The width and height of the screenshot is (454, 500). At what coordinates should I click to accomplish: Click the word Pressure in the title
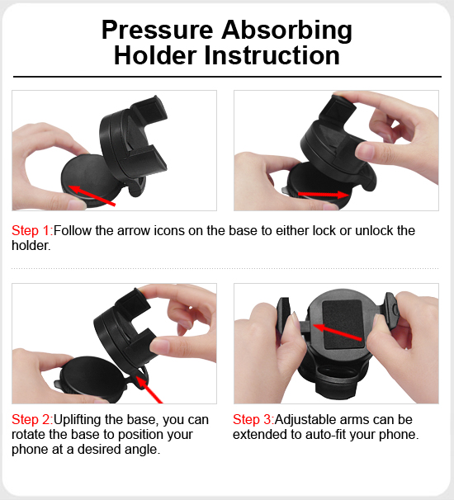[158, 30]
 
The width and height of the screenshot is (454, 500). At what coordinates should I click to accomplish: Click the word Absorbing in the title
[286, 31]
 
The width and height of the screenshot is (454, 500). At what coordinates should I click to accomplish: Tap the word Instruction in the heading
[272, 55]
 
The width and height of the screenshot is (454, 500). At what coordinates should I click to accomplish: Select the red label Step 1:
[32, 230]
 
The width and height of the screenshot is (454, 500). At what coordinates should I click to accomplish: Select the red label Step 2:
[32, 420]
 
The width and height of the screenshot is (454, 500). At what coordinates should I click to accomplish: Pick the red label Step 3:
[253, 420]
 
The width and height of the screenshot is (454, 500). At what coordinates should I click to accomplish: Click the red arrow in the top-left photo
[92, 196]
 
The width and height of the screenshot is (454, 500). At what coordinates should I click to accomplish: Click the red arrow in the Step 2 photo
[149, 389]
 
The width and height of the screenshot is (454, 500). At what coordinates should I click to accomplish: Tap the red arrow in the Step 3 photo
[338, 333]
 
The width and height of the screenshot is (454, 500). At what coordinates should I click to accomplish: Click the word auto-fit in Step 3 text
[325, 435]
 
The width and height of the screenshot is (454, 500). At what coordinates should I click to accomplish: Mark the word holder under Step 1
[31, 246]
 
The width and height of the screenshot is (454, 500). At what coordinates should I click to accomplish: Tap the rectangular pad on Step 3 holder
[343, 324]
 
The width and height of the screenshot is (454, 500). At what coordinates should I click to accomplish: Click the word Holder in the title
[155, 55]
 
